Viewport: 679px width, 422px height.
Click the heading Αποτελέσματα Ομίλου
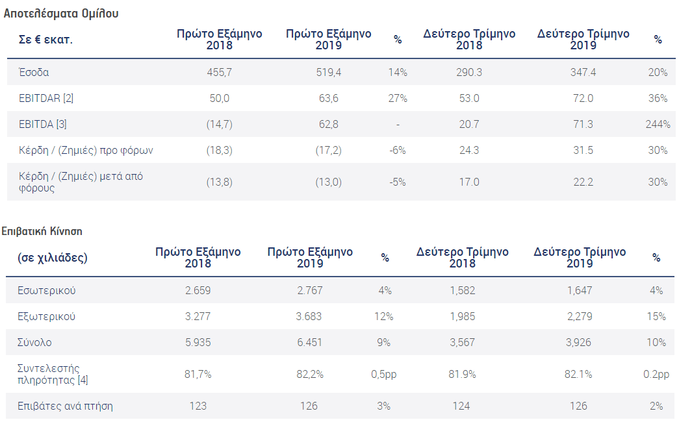tap(61, 13)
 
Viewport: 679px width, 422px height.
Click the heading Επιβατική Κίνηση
tap(42, 231)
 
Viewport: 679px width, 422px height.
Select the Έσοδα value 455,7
tap(219, 73)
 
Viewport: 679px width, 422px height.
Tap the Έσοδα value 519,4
tap(328, 73)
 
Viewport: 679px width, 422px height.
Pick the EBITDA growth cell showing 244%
tap(658, 124)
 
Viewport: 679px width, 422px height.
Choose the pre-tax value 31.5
tap(583, 150)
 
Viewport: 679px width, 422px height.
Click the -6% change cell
tap(398, 150)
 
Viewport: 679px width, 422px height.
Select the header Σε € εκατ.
tap(45, 40)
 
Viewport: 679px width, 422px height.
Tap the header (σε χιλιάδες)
tap(53, 258)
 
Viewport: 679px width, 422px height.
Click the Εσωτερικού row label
tap(47, 290)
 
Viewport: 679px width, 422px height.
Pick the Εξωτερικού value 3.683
tap(309, 316)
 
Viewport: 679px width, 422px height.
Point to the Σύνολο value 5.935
tap(198, 342)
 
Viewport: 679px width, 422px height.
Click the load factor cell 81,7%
tap(198, 374)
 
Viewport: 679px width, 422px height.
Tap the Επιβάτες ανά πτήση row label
tap(66, 406)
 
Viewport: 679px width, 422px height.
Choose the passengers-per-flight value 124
tap(462, 406)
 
